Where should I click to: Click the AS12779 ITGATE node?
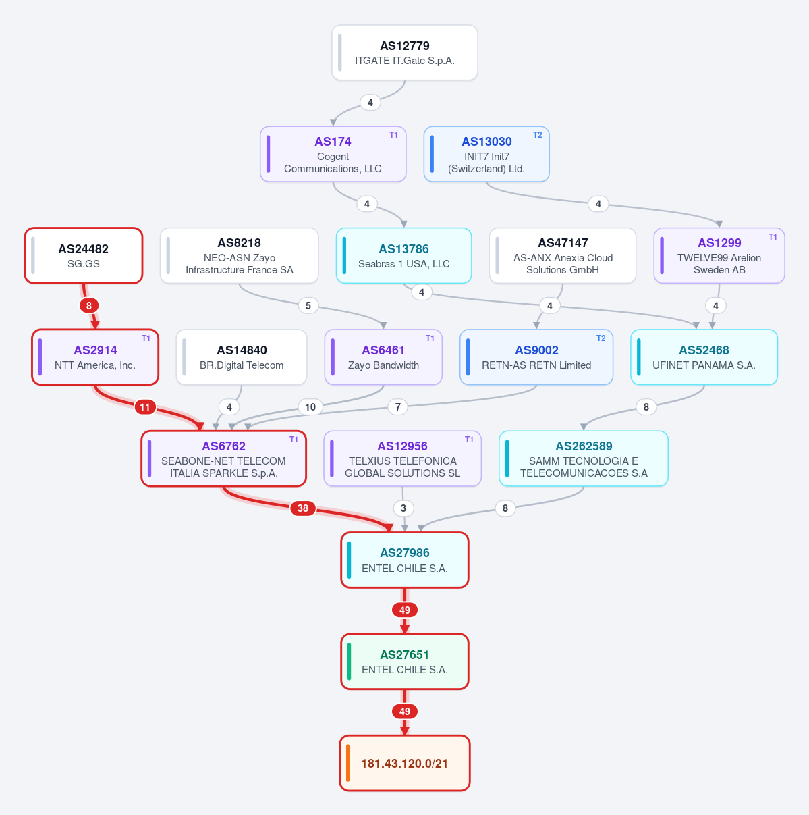[x=405, y=53]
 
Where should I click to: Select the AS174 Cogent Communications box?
[x=333, y=154]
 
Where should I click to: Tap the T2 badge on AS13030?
[x=537, y=135]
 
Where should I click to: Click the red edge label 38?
[x=303, y=508]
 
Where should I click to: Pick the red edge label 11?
[x=145, y=407]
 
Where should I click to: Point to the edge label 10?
[x=310, y=407]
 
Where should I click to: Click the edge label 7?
[x=397, y=407]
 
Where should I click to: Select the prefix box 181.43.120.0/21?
[x=405, y=763]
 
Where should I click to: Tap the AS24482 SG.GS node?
[x=84, y=255]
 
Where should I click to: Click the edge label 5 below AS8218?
[x=308, y=305]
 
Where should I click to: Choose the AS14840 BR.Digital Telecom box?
[x=242, y=357]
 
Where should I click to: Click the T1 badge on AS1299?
[x=773, y=237]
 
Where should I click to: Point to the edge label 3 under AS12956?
[x=403, y=508]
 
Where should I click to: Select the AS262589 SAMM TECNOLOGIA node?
[x=583, y=458]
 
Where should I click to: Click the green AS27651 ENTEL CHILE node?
[x=405, y=662]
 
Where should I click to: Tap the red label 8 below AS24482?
[x=89, y=305]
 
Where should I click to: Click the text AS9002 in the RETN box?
[x=536, y=350]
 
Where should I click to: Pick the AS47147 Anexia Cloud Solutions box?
[x=563, y=255]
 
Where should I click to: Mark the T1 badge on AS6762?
[x=294, y=440]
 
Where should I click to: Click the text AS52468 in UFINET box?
[x=704, y=350]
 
